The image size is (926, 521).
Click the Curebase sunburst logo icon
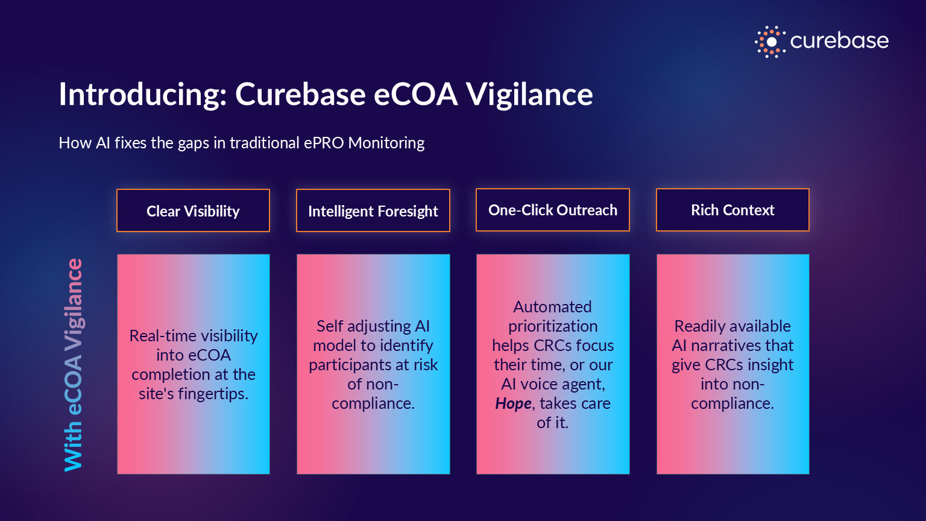[x=770, y=42]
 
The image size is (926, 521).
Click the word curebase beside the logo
[x=839, y=41]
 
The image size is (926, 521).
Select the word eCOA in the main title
[x=416, y=94]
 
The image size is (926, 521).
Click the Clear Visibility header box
[x=193, y=210]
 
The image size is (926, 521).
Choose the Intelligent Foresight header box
[x=373, y=210]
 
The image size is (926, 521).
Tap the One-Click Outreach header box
[x=553, y=210]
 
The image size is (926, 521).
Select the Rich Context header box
[x=732, y=210]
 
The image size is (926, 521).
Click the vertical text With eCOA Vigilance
[x=74, y=365]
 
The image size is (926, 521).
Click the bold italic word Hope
[x=513, y=403]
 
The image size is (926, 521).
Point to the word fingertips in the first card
[x=213, y=394]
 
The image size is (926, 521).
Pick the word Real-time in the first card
[x=162, y=336]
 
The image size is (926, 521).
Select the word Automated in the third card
[x=553, y=307]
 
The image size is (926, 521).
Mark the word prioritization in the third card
[x=553, y=327]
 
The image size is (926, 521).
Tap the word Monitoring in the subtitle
[x=386, y=143]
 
